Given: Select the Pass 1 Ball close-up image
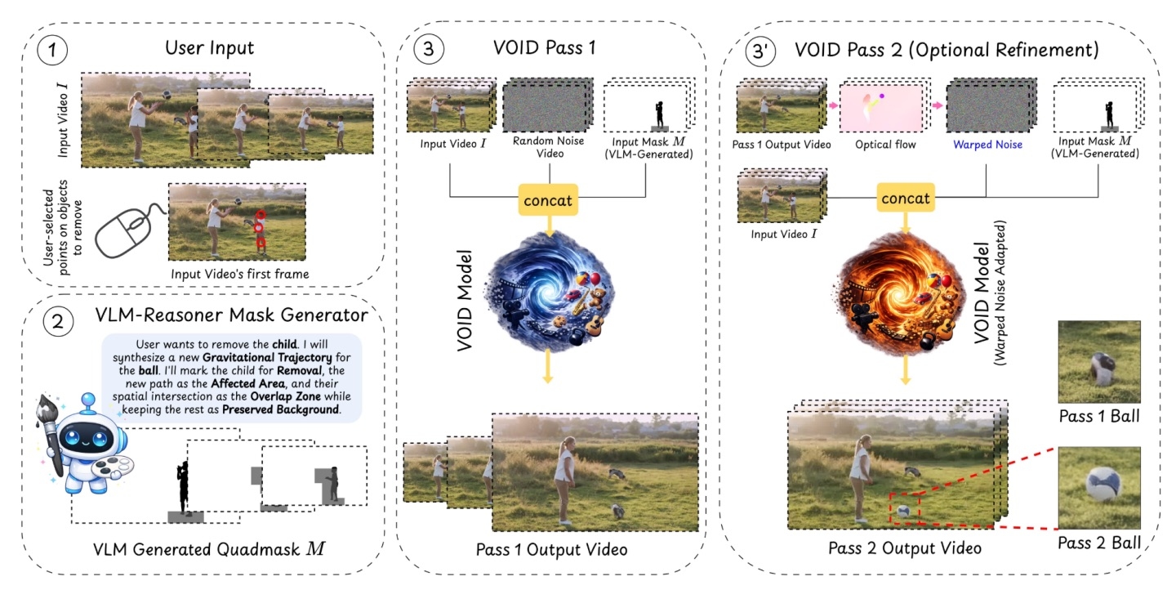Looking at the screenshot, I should pyautogui.click(x=1098, y=359).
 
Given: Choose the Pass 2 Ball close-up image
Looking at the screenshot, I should pyautogui.click(x=1098, y=488).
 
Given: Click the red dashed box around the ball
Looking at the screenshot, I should pyautogui.click(x=903, y=509).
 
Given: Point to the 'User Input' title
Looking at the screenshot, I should pyautogui.click(x=209, y=48).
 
